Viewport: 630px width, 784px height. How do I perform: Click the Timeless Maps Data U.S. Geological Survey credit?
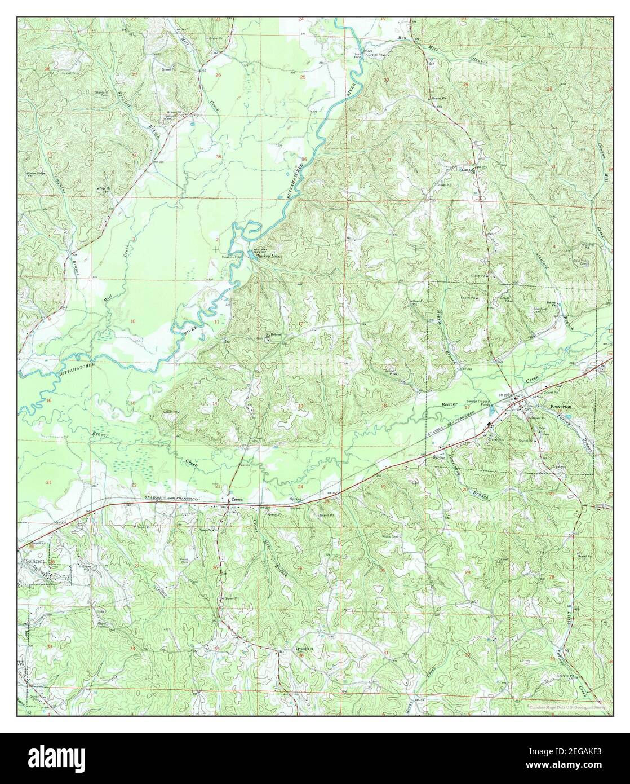point(567,707)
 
